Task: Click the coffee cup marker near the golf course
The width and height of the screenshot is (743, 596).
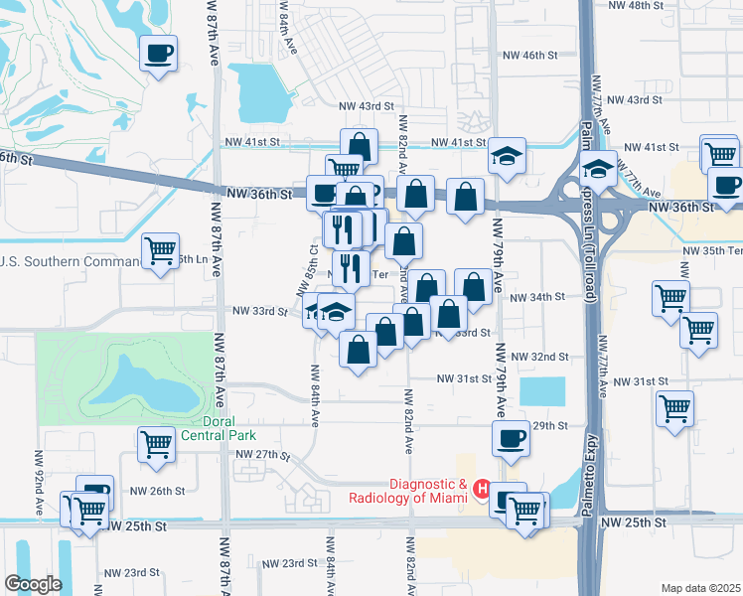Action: (x=159, y=53)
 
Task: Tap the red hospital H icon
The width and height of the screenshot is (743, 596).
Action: (x=482, y=489)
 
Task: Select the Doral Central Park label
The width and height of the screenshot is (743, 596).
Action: (x=218, y=428)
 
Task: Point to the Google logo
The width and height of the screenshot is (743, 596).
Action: (x=33, y=584)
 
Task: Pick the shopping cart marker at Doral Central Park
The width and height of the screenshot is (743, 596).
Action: (x=157, y=444)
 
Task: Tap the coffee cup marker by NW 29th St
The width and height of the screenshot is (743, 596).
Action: (x=511, y=438)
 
